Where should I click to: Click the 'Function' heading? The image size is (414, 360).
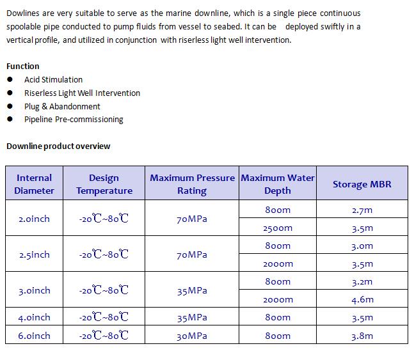click(x=23, y=66)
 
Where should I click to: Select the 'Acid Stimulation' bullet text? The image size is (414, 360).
click(x=53, y=80)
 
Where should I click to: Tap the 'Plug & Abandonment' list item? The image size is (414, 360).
click(x=62, y=106)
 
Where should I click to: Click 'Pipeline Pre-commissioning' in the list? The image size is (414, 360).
click(x=74, y=120)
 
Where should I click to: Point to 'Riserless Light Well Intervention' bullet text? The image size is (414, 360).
click(x=82, y=93)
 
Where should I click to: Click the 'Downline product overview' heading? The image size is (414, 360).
click(x=58, y=146)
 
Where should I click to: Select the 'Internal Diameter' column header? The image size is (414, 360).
click(x=35, y=184)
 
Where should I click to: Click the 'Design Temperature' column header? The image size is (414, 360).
click(x=104, y=184)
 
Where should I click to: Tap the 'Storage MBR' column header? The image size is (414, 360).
click(x=362, y=184)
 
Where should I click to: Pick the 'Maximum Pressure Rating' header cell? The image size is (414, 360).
click(x=192, y=184)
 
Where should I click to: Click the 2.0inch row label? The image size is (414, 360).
click(x=35, y=219)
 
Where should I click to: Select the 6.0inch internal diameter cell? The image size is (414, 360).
click(x=35, y=335)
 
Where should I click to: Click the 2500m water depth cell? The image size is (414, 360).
click(x=278, y=228)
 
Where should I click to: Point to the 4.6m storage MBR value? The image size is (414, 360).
click(x=362, y=299)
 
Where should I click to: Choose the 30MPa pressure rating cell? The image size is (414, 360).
click(x=192, y=335)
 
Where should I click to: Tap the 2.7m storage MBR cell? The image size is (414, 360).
click(x=362, y=210)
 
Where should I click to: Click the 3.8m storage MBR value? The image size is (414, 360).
click(x=362, y=335)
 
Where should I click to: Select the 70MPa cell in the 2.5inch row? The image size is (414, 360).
click(x=192, y=254)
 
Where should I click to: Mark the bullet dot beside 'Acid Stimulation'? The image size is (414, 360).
click(x=10, y=79)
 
